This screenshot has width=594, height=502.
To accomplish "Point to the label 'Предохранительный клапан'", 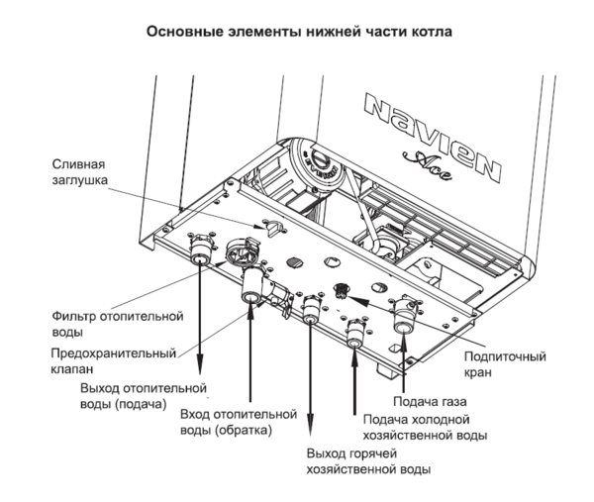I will point(114,360).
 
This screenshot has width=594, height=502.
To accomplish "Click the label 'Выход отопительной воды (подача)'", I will point(144,396).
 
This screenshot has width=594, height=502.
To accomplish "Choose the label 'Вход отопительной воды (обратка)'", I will point(240,421).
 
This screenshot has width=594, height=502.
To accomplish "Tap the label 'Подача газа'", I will point(430,401).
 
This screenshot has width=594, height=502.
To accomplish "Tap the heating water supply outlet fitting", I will point(201,255).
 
